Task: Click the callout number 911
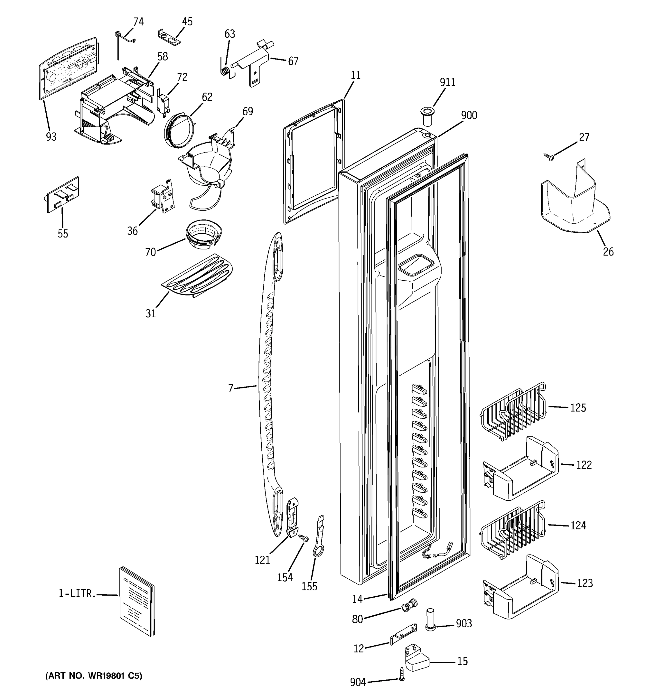(447, 82)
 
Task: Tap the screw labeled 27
(548, 156)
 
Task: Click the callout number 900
(469, 115)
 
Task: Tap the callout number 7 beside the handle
(231, 388)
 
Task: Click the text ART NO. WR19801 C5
(93, 676)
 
